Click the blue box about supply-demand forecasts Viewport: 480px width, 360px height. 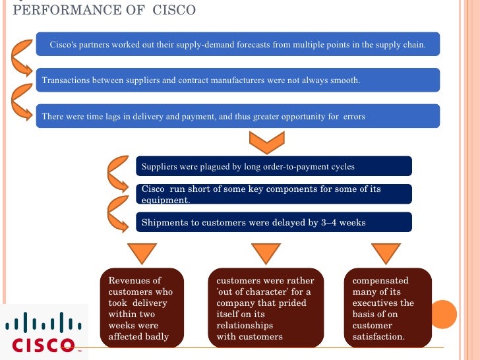coord(237,44)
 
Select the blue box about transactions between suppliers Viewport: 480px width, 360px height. coord(237,80)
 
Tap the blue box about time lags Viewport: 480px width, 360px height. coord(237,117)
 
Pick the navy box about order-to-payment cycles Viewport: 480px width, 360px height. coord(274,166)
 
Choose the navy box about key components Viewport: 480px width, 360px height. coord(274,194)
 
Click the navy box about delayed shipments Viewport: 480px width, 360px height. coord(274,222)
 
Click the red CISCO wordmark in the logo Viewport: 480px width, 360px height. coord(44,344)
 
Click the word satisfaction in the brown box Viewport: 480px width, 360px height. coord(378,336)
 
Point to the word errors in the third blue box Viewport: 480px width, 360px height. coord(354,117)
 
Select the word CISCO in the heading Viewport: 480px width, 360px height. coord(173,11)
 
